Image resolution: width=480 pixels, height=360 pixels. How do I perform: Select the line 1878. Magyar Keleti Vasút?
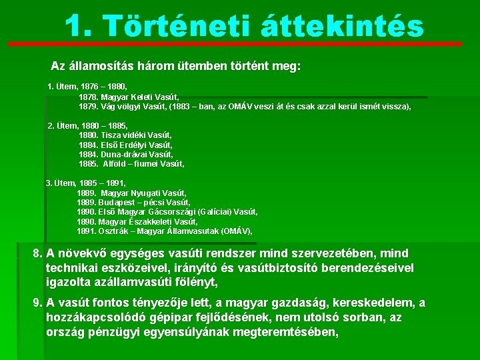(129, 97)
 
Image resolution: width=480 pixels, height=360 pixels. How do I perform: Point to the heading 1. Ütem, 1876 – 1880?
(87, 87)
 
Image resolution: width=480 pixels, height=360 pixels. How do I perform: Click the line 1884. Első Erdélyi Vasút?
(125, 145)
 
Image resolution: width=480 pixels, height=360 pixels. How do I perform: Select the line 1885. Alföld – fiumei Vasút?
(131, 163)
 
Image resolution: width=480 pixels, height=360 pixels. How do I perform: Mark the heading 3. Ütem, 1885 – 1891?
(86, 183)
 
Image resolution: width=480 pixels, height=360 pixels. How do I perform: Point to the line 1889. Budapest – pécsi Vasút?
(133, 202)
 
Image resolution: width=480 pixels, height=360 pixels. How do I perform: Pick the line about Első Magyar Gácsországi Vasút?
(167, 212)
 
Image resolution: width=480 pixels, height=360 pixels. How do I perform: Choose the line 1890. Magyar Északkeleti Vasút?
(137, 221)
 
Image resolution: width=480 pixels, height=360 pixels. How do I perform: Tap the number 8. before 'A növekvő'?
(39, 254)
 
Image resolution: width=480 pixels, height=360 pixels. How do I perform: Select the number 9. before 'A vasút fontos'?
(39, 303)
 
